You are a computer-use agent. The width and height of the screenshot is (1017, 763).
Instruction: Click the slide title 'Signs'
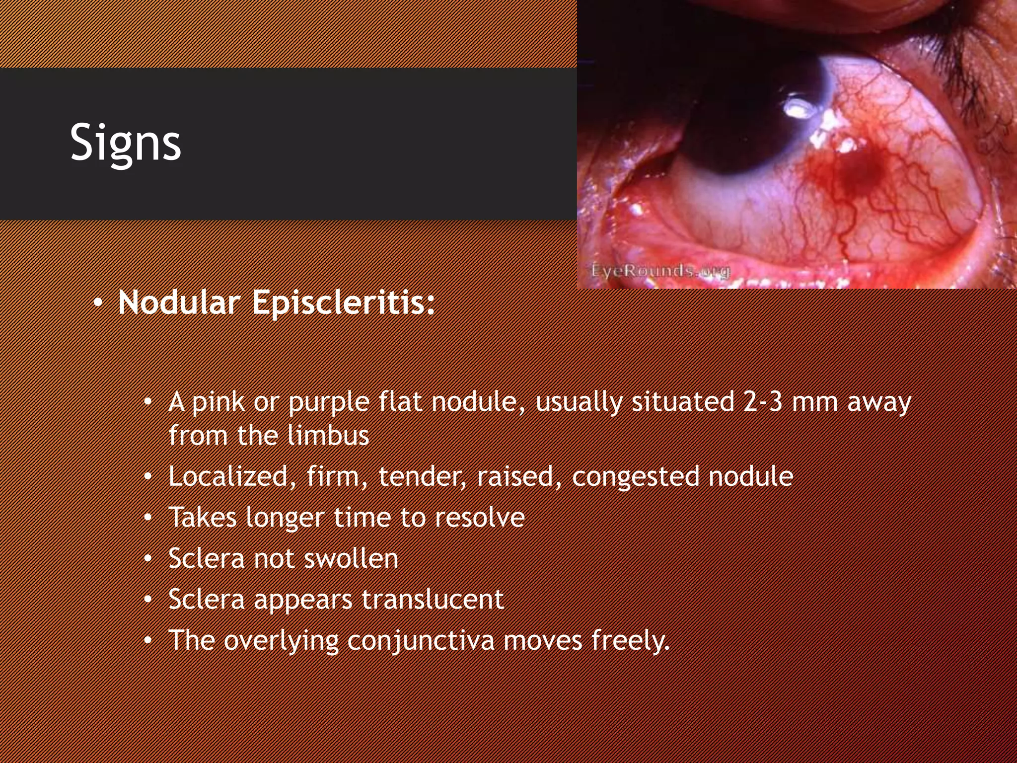(x=125, y=143)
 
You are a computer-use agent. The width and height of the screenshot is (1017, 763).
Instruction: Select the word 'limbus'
(x=328, y=436)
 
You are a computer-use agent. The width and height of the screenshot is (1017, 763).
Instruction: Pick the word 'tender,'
(x=422, y=476)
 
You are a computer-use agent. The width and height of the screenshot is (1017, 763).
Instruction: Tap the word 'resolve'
(x=480, y=517)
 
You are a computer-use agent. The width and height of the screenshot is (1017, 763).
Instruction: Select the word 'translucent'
(x=433, y=599)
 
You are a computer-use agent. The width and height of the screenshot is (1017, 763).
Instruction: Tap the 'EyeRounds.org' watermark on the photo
(x=660, y=271)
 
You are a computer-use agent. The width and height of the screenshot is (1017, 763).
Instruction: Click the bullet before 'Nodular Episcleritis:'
(x=98, y=303)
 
